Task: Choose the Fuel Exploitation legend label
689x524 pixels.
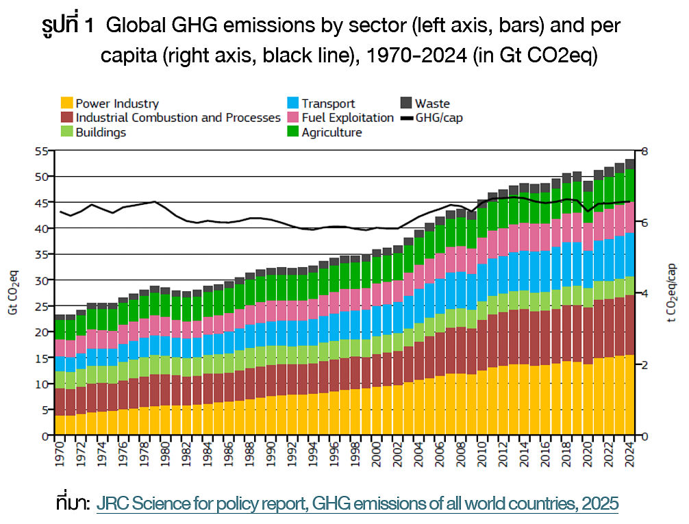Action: pyautogui.click(x=347, y=118)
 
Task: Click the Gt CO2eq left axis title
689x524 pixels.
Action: pyautogui.click(x=13, y=293)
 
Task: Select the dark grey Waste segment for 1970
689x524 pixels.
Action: pyautogui.click(x=60, y=317)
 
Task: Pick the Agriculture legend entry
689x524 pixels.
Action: pyautogui.click(x=331, y=132)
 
